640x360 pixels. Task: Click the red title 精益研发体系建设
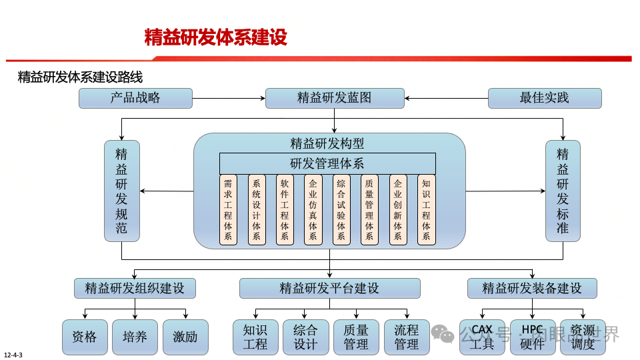(216, 37)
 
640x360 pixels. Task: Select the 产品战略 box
(135, 98)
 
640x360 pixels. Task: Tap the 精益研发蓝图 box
(335, 98)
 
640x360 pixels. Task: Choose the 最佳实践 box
(545, 98)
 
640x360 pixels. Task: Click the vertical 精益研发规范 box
(121, 191)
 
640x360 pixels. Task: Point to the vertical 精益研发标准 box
(563, 191)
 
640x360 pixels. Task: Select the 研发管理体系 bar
(327, 163)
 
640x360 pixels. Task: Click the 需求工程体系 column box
(228, 209)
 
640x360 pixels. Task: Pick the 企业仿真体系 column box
(313, 209)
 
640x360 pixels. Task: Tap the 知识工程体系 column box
(426, 209)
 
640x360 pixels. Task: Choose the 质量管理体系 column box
(369, 209)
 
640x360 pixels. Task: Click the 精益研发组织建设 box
(135, 289)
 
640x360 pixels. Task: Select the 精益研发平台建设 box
(329, 289)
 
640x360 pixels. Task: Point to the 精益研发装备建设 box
(531, 289)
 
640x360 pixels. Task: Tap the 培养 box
(135, 337)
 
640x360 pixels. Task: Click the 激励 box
(185, 337)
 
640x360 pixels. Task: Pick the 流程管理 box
(406, 337)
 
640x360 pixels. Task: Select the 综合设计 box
(305, 337)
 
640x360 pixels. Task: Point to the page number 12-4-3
(13, 354)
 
